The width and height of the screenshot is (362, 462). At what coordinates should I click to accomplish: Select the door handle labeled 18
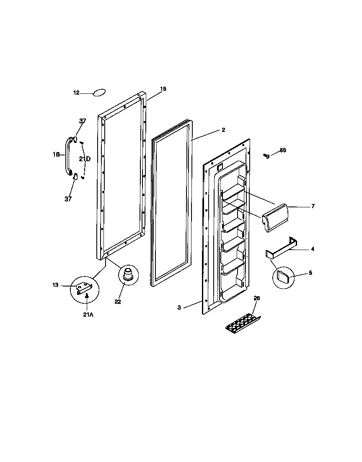pos(67,155)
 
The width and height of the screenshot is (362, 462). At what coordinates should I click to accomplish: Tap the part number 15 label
pos(163,89)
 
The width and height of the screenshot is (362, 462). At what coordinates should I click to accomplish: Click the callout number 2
pos(223,130)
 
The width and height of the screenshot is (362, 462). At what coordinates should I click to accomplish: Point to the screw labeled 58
pos(265,155)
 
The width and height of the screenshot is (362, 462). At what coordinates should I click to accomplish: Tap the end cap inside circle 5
pos(284,276)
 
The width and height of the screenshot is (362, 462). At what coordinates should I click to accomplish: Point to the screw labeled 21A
pos(86,296)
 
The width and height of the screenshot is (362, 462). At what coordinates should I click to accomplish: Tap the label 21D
pos(85,159)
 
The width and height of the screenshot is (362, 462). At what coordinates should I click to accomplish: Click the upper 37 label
pos(83,121)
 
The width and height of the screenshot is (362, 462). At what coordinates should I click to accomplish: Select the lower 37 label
pos(68,199)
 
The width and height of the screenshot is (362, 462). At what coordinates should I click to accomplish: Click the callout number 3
pos(179,308)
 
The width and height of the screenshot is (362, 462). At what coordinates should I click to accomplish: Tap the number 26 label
pos(257,298)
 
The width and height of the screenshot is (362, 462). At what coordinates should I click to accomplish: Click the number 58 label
pos(283,150)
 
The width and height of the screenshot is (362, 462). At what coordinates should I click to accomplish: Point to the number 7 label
pos(313,206)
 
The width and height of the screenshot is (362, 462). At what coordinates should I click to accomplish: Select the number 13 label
pos(55,285)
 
